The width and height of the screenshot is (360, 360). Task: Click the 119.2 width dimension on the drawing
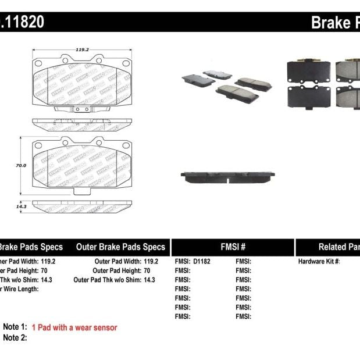pyautogui.click(x=81, y=51)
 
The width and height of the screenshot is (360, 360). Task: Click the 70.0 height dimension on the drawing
pyautogui.click(x=21, y=165)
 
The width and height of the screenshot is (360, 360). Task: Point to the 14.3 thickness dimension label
pyautogui.click(x=21, y=206)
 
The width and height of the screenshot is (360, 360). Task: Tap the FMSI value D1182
pyautogui.click(x=201, y=262)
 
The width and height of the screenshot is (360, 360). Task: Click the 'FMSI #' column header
pyautogui.click(x=232, y=247)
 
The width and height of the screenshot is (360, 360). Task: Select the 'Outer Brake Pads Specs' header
pyautogui.click(x=120, y=247)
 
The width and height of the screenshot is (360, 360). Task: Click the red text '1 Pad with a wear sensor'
pyautogui.click(x=74, y=327)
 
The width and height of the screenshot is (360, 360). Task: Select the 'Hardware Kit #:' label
pyautogui.click(x=319, y=262)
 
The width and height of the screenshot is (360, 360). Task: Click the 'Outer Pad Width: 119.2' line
pyautogui.click(x=126, y=262)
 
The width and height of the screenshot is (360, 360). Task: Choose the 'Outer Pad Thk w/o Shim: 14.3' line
pyautogui.click(x=115, y=280)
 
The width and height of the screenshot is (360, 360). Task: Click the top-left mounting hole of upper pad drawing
pyautogui.click(x=38, y=63)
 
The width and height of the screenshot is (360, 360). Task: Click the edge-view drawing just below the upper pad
pyautogui.click(x=81, y=124)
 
